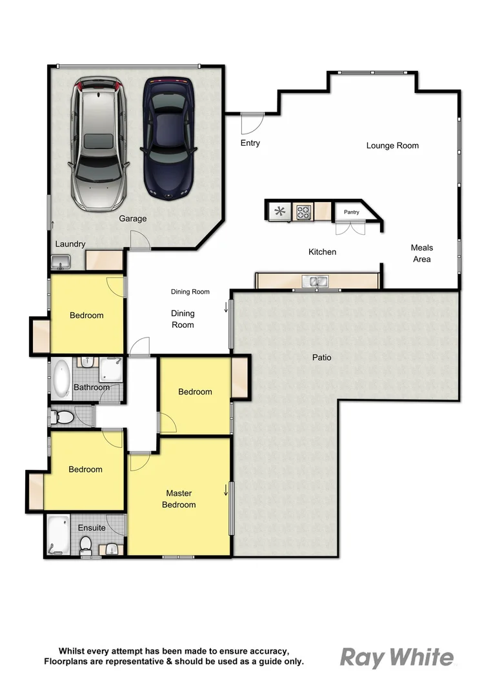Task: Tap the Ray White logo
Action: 397,658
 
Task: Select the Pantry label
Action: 351,212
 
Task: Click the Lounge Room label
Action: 392,146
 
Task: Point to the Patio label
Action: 321,357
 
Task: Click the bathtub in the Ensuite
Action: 57,535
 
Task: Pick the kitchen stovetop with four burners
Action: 303,210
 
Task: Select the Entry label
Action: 250,143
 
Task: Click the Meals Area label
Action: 422,253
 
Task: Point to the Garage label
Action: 132,219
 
